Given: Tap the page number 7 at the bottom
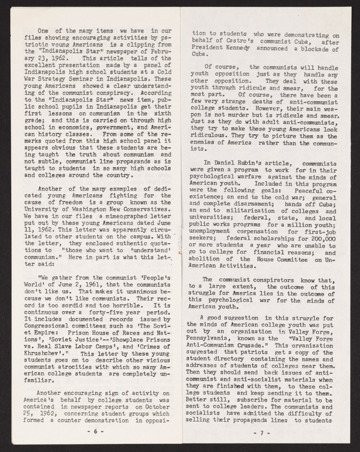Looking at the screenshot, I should pyautogui.click(x=262, y=433).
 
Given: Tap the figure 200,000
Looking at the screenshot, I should pyautogui.click(x=323, y=238).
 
